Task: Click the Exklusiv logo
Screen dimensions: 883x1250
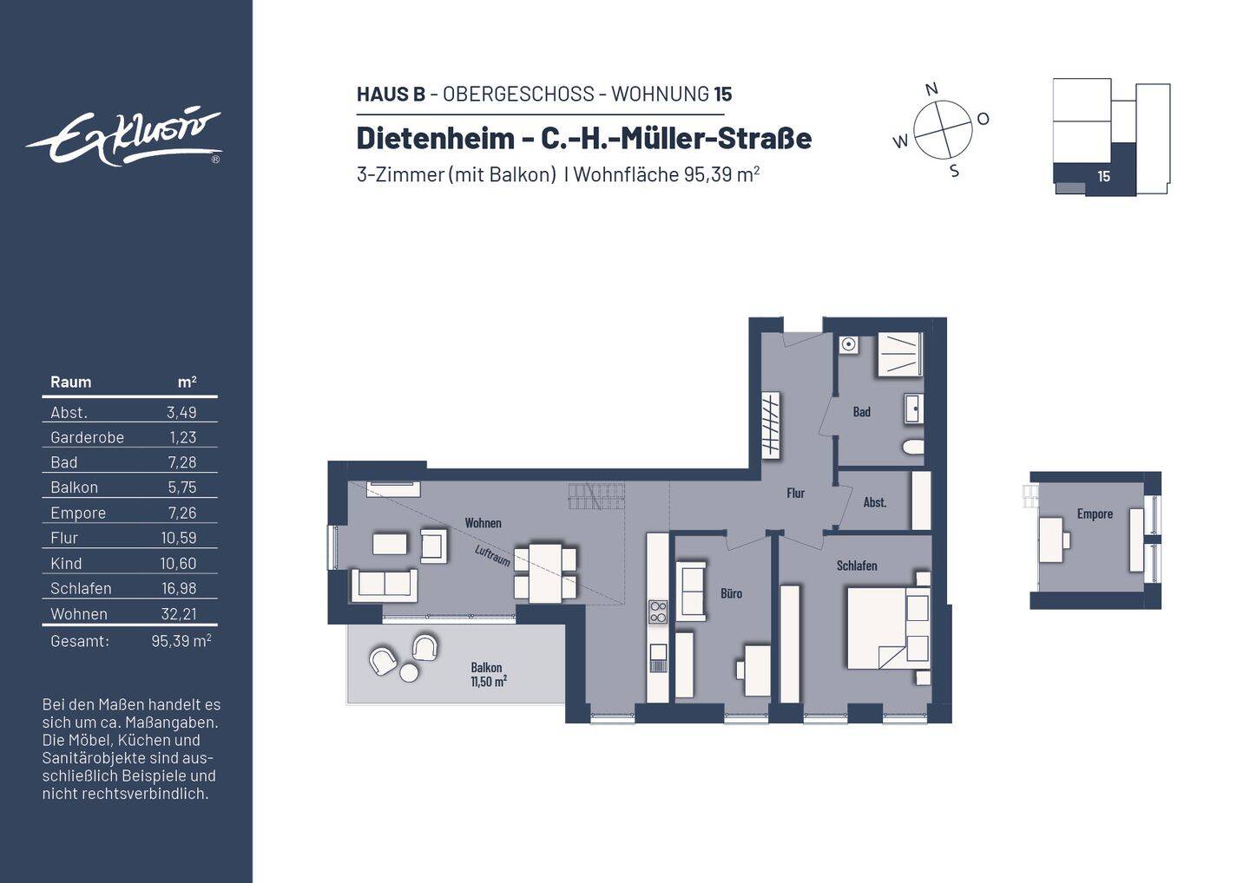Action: pos(124,137)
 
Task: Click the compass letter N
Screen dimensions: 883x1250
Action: pos(931,89)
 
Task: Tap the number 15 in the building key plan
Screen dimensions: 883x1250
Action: pos(1103,176)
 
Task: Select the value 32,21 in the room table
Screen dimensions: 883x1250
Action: pos(181,613)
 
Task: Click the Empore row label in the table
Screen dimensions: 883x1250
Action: pos(78,513)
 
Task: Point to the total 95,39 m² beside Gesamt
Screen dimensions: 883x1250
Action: pos(181,641)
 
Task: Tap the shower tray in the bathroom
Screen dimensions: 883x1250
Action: pos(898,354)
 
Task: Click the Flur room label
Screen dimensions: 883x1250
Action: pos(795,493)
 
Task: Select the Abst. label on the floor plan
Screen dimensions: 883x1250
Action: pos(874,502)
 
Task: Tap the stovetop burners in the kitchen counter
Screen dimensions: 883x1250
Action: pos(658,612)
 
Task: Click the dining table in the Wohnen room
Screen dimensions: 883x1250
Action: pos(546,572)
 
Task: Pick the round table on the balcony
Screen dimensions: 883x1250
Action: pos(409,672)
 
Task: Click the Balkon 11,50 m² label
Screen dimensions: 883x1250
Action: pos(487,675)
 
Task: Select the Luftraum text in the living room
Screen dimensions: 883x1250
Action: pos(492,556)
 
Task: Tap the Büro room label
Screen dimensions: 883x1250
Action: pos(731,593)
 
